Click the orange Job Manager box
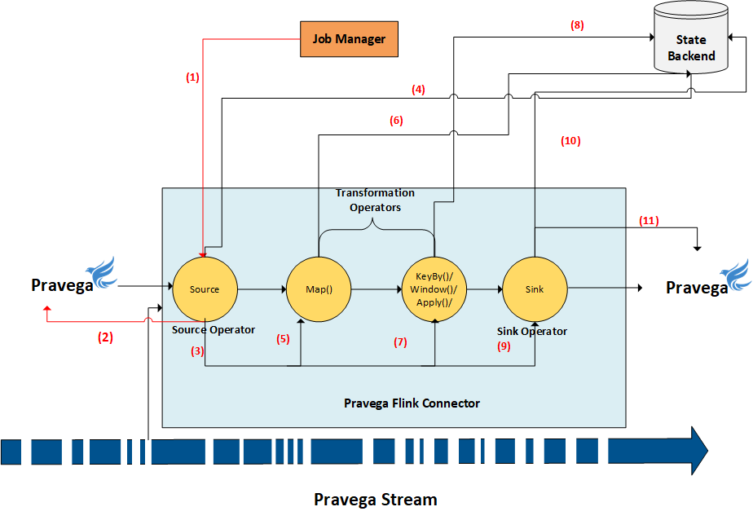[x=350, y=39]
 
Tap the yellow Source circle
[x=205, y=289]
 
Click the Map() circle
[x=319, y=289]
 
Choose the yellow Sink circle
[x=535, y=289]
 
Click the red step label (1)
[x=192, y=77]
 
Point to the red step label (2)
[x=105, y=337]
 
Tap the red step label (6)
[x=396, y=121]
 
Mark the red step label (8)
[x=577, y=25]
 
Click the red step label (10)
[x=570, y=140]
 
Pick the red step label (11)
[x=649, y=220]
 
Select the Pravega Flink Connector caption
[x=412, y=403]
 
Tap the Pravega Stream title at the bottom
[x=376, y=500]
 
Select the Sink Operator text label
[x=532, y=331]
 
